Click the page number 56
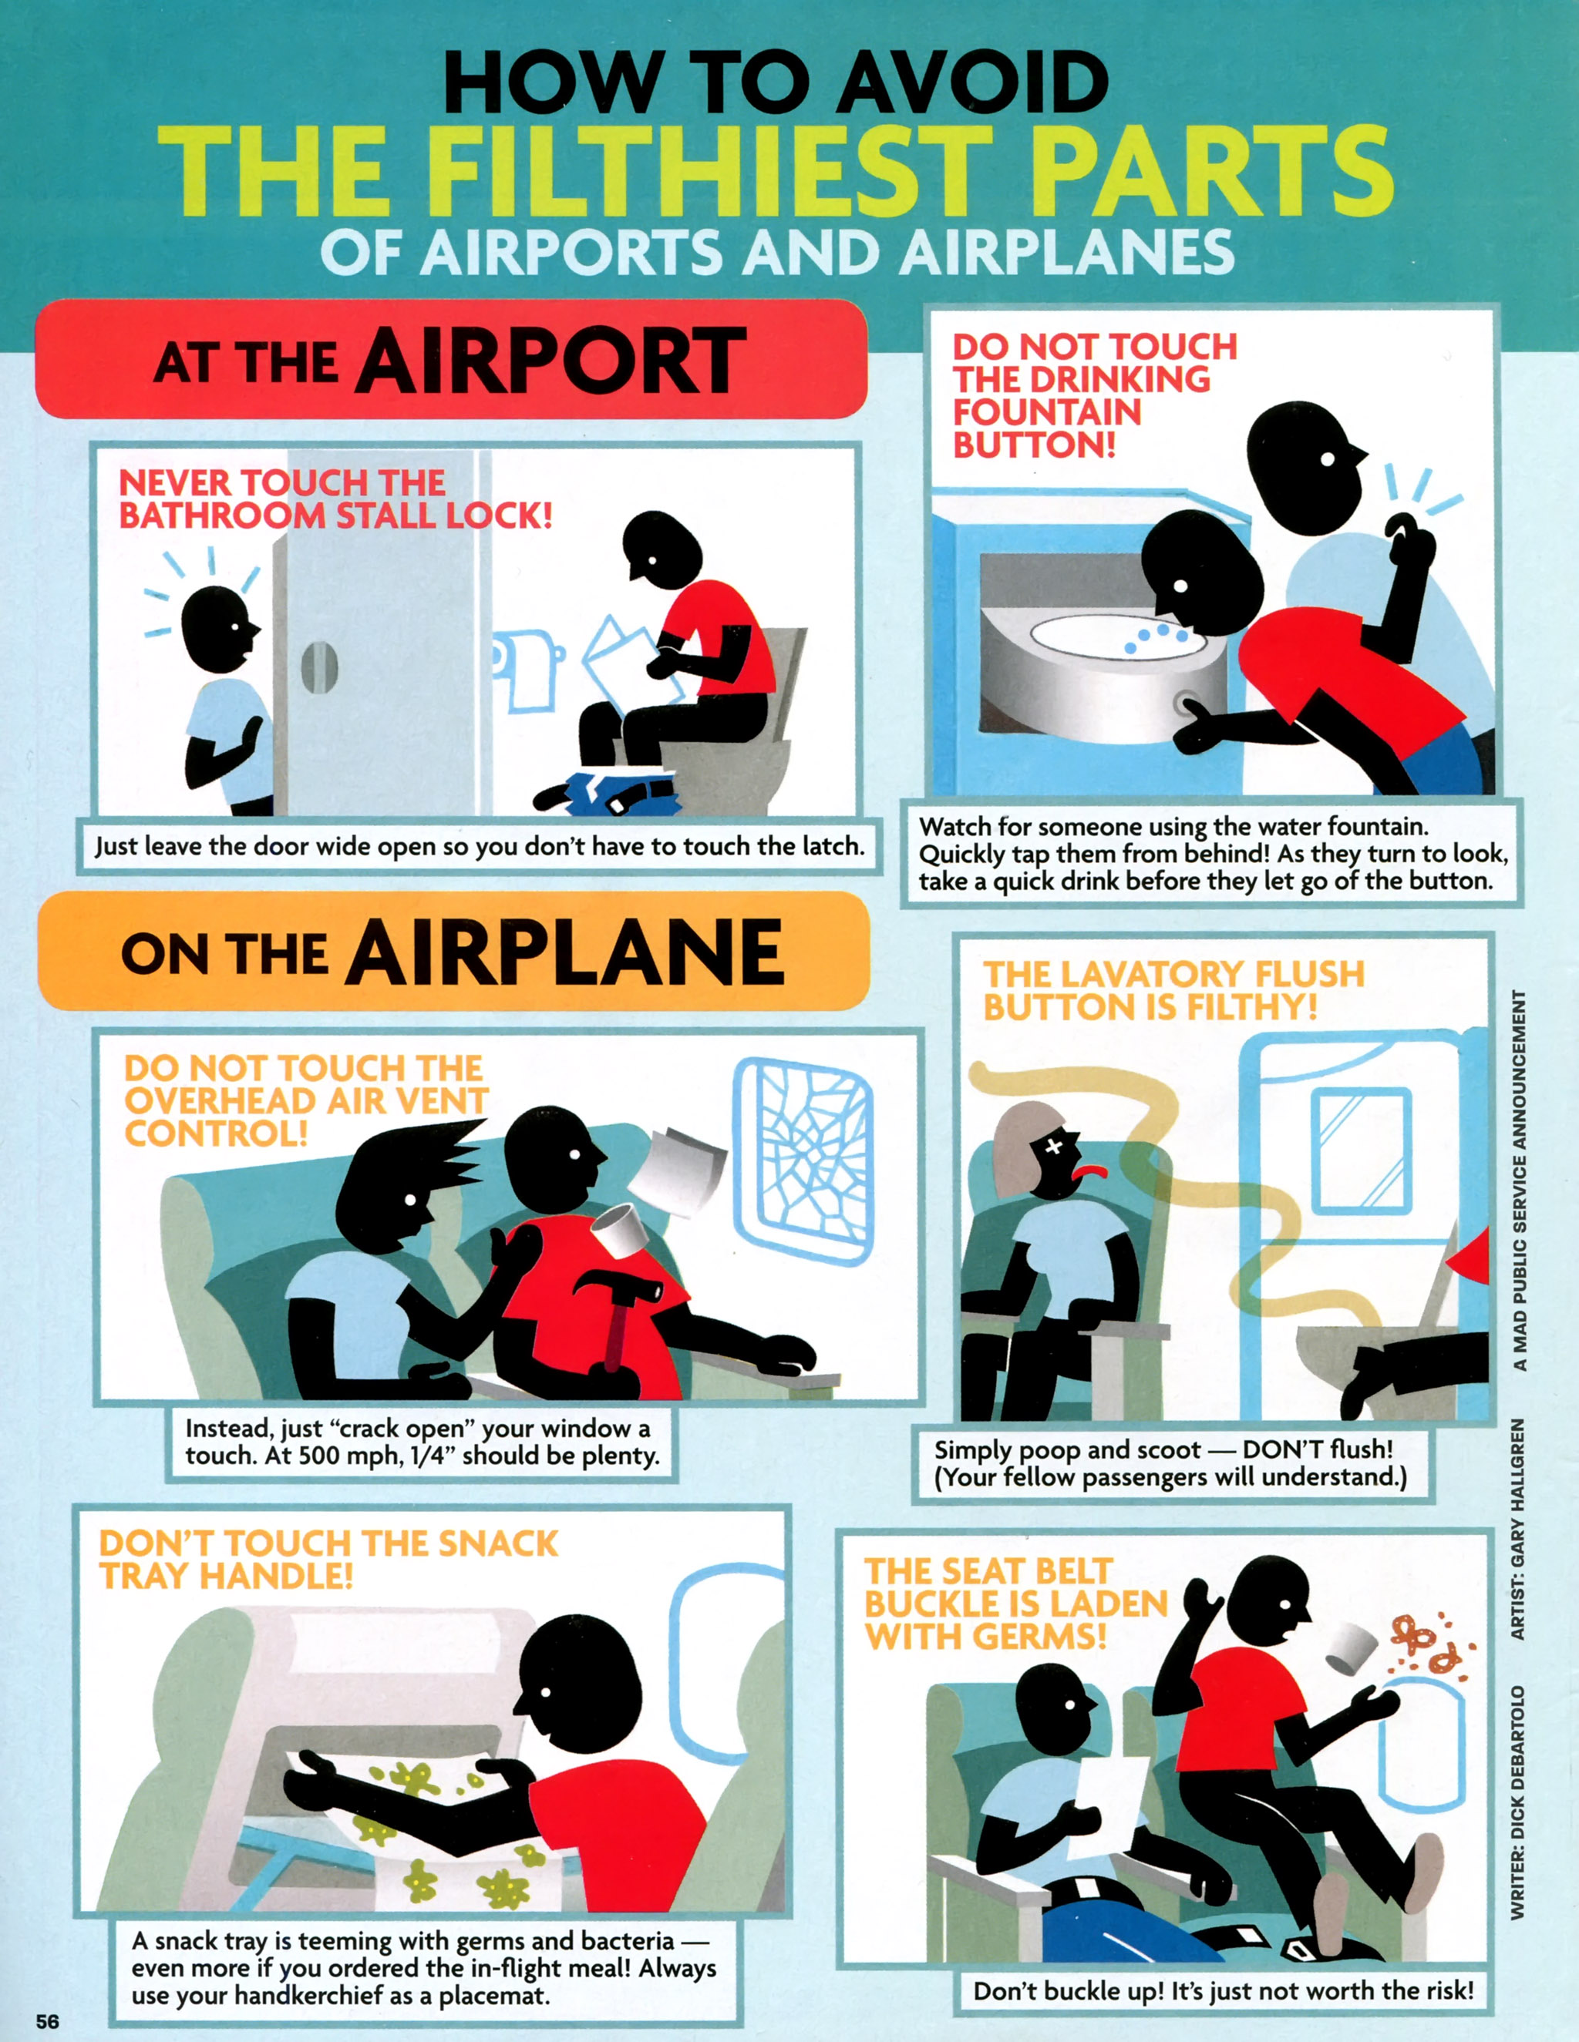[x=48, y=2020]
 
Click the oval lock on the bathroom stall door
[x=319, y=667]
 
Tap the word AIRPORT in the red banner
[x=551, y=360]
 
